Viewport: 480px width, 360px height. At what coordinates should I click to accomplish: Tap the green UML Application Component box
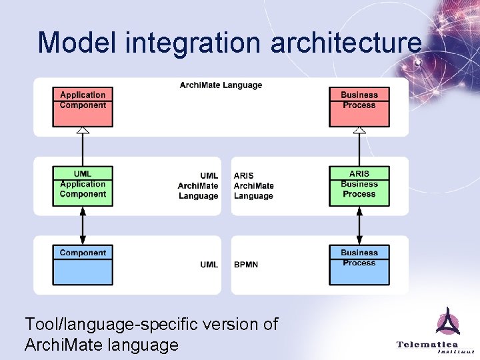click(x=83, y=185)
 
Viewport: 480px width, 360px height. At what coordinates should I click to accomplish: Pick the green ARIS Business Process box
click(x=359, y=185)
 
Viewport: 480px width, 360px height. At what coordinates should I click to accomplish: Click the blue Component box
click(x=83, y=265)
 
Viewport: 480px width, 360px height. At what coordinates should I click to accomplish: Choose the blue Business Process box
click(x=359, y=265)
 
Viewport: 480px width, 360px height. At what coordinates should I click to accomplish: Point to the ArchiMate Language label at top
click(x=221, y=85)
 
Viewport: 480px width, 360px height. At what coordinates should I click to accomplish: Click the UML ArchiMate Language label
click(x=199, y=186)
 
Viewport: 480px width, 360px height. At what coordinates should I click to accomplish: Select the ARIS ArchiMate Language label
click(x=253, y=186)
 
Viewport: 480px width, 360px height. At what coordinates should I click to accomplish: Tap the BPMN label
click(x=246, y=265)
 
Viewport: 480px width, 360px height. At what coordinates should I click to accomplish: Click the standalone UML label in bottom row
click(x=209, y=265)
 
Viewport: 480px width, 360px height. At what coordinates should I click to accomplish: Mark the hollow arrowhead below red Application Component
click(x=83, y=131)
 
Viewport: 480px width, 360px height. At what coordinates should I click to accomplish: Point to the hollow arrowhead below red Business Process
click(x=359, y=131)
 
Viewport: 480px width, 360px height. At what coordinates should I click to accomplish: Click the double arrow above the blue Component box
click(x=83, y=225)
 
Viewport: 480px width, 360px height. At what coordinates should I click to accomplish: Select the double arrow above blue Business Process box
click(x=359, y=225)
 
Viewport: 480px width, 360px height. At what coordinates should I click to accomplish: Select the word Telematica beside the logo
click(x=427, y=344)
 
